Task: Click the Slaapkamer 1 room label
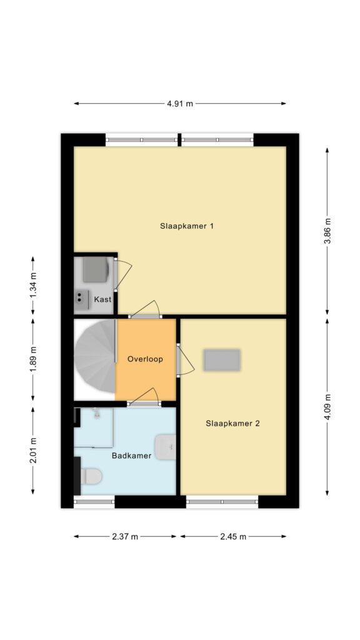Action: pyautogui.click(x=187, y=226)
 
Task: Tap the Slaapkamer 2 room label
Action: pyautogui.click(x=232, y=423)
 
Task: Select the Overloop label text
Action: pyautogui.click(x=145, y=359)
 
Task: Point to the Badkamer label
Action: pyautogui.click(x=131, y=456)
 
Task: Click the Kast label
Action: pyautogui.click(x=102, y=299)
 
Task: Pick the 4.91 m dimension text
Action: pyautogui.click(x=179, y=103)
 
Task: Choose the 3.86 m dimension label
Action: pyautogui.click(x=327, y=231)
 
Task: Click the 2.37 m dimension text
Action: pyautogui.click(x=125, y=536)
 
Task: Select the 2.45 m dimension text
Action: pyautogui.click(x=233, y=536)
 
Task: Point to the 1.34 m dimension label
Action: pyautogui.click(x=33, y=285)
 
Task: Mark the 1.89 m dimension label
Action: pyautogui.click(x=33, y=359)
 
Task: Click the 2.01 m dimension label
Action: pyautogui.click(x=33, y=451)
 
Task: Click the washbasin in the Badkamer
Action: pyautogui.click(x=166, y=447)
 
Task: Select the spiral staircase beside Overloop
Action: pyautogui.click(x=95, y=356)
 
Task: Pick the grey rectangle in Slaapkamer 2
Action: pyautogui.click(x=222, y=360)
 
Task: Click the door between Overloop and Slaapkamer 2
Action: pyautogui.click(x=184, y=359)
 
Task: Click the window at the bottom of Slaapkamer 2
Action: pyautogui.click(x=222, y=502)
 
